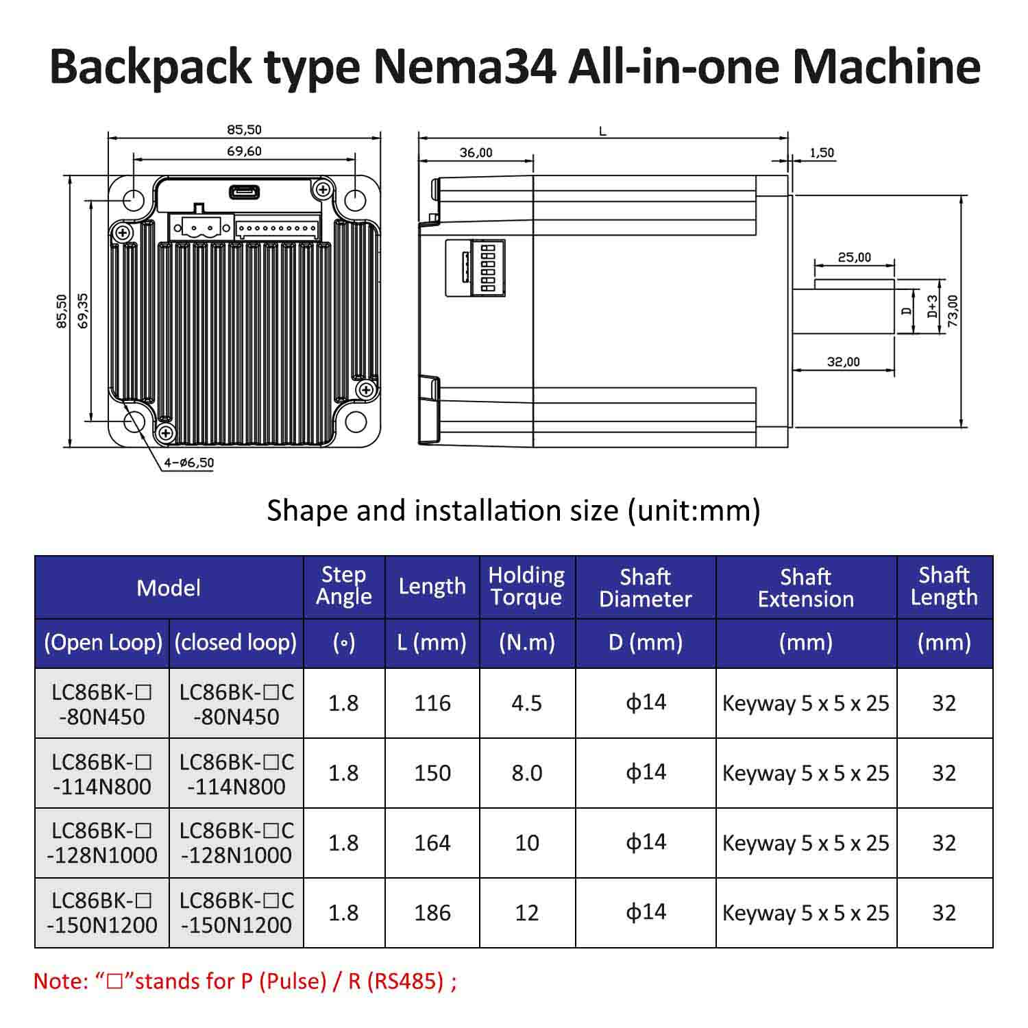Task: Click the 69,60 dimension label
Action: click(x=245, y=151)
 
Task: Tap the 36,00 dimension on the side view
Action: click(x=476, y=153)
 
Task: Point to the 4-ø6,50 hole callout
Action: click(x=188, y=463)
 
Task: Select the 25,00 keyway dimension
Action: click(x=854, y=258)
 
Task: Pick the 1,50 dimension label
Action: click(x=822, y=153)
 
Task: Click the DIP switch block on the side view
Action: click(x=488, y=267)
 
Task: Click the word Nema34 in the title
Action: click(x=465, y=66)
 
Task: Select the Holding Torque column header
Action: click(x=526, y=587)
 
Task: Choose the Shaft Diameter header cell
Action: click(x=646, y=587)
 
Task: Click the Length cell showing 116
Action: click(x=432, y=703)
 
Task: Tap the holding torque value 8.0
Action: click(x=526, y=773)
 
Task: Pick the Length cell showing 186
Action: click(x=432, y=913)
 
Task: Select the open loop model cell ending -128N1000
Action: click(x=102, y=843)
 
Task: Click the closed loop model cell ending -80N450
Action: click(x=236, y=704)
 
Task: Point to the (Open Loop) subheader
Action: click(x=103, y=643)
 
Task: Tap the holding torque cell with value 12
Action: click(x=526, y=913)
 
